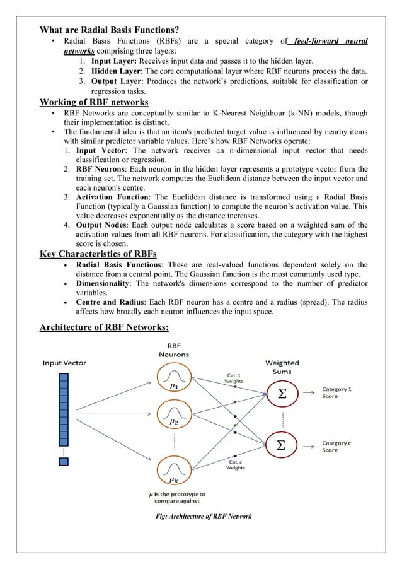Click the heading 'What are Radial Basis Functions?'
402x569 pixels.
109,30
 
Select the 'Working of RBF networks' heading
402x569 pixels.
94,102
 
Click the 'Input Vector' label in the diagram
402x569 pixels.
64,363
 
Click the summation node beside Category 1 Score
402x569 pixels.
282,394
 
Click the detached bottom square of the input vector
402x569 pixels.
63,461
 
